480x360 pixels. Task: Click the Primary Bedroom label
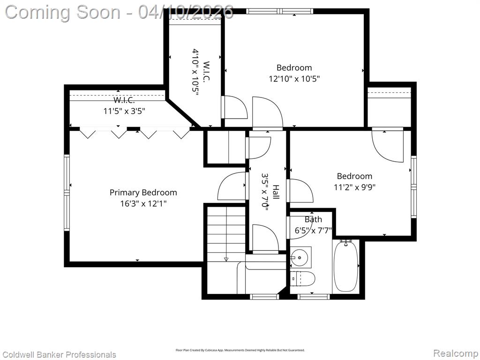point(143,193)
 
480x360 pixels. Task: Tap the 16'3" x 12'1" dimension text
point(143,203)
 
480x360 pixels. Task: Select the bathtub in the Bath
point(346,266)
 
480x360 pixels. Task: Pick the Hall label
point(276,192)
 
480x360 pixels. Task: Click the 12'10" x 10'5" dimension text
point(294,79)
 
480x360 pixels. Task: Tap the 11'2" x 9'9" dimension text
point(354,187)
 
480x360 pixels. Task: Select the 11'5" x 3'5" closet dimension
point(124,111)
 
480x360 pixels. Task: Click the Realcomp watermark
point(456,353)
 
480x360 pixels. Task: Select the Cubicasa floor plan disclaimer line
point(240,350)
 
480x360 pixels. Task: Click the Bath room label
point(313,219)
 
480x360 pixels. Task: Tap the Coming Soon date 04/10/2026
point(186,12)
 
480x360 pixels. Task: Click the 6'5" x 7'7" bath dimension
point(313,230)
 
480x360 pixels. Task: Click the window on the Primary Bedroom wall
point(67,193)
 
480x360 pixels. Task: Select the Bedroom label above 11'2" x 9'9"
point(354,176)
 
